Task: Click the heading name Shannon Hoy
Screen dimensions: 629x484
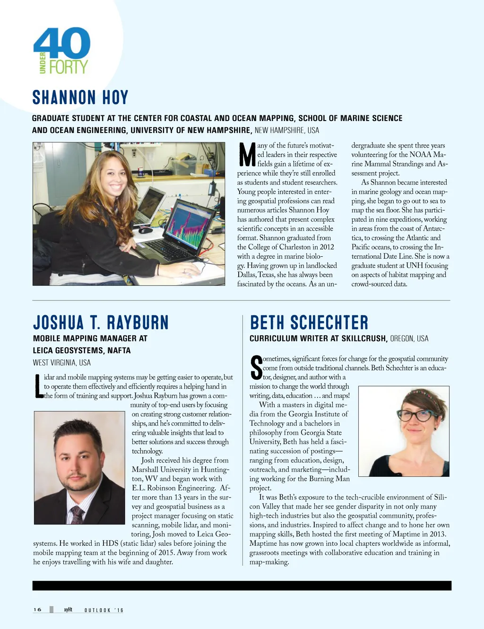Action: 80,97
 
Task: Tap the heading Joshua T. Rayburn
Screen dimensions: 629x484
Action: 101,323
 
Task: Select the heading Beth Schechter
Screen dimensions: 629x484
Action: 309,323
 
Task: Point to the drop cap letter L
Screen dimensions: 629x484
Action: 39,386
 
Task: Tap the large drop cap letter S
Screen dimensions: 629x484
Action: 256,368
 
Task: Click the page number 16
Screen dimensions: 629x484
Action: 37,610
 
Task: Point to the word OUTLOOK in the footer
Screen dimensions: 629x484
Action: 97,610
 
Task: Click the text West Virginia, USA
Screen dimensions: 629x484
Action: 61,363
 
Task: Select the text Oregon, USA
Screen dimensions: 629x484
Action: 409,339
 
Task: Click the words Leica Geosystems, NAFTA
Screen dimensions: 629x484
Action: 82,350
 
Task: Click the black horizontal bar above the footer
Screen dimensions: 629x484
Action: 242,585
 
